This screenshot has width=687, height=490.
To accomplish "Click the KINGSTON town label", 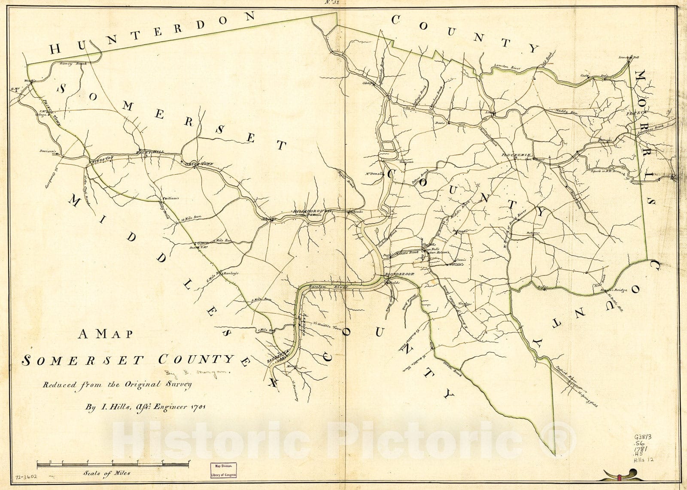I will click(x=101, y=159).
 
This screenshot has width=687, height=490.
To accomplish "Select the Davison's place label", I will click(x=49, y=151).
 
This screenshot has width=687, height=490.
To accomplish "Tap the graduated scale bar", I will click(x=112, y=464).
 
